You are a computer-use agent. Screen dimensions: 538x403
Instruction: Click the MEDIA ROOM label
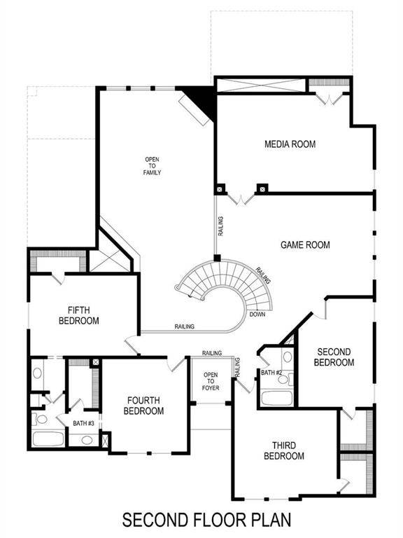pyautogui.click(x=290, y=144)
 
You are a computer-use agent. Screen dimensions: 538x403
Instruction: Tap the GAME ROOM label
pyautogui.click(x=305, y=245)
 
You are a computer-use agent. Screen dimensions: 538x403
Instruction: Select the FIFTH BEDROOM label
pyautogui.click(x=83, y=315)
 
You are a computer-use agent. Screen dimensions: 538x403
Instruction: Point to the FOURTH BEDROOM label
pyautogui.click(x=145, y=406)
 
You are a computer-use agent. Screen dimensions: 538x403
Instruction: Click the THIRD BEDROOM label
pyautogui.click(x=284, y=450)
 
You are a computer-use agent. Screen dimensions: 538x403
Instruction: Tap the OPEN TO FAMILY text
pyautogui.click(x=153, y=165)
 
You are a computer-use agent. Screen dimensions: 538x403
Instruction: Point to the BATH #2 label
pyautogui.click(x=271, y=373)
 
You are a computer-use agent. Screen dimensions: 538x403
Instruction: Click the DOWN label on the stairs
pyautogui.click(x=257, y=314)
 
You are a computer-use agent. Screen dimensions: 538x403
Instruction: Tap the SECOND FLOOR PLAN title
pyautogui.click(x=206, y=521)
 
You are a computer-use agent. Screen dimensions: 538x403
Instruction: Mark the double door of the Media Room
pyautogui.click(x=241, y=198)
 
